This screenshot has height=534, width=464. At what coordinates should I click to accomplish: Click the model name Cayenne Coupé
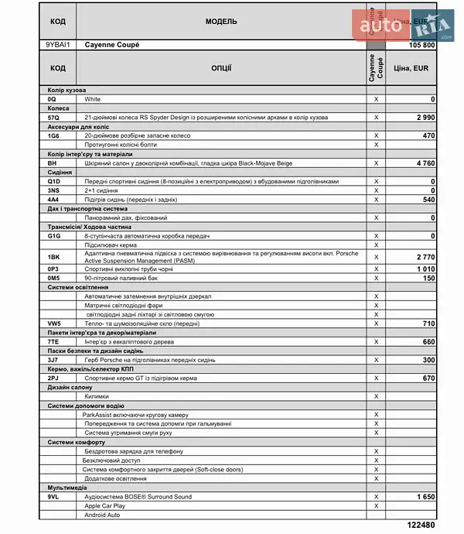[112, 45]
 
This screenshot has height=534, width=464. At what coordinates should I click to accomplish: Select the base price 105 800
[421, 46]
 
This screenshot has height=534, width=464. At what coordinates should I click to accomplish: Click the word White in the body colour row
[93, 99]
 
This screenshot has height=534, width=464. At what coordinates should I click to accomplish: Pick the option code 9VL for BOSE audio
[53, 496]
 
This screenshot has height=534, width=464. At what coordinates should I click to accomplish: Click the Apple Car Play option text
[105, 505]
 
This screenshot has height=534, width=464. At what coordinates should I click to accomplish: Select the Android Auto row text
[104, 515]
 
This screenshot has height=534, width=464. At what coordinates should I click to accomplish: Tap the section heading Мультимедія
[67, 488]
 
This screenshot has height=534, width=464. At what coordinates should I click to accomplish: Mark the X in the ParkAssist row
[376, 415]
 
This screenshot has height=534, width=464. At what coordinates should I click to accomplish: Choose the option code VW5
[54, 323]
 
